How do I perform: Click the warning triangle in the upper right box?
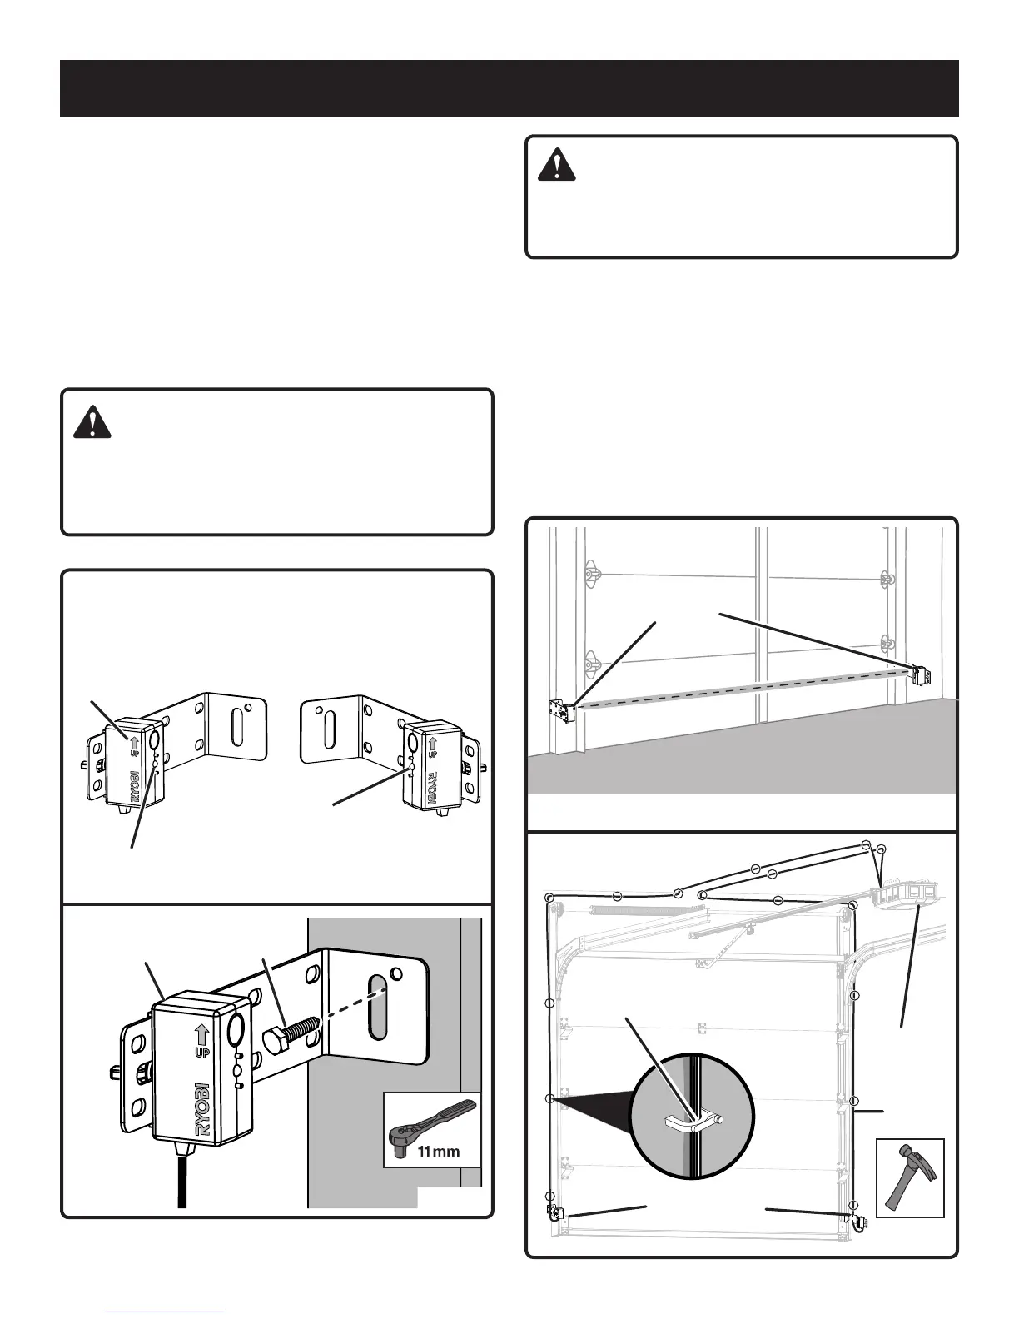click(x=556, y=166)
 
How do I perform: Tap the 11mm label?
click(x=438, y=1152)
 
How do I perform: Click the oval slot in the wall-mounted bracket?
click(x=378, y=1007)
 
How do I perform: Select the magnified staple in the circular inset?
click(x=692, y=1122)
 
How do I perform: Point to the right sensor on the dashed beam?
click(x=919, y=674)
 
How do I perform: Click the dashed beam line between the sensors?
click(x=741, y=690)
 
